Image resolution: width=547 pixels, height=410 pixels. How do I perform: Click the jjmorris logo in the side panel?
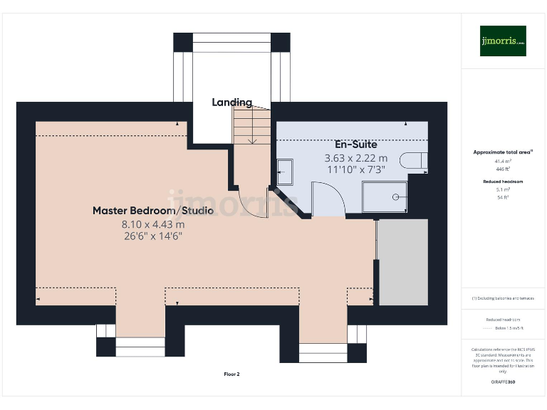pos(503,41)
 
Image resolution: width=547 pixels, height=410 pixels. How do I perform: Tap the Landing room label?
pos(231,102)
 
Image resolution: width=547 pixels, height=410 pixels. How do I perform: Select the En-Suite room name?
pos(355,144)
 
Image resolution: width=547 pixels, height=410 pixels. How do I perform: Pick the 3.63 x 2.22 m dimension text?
pos(355,158)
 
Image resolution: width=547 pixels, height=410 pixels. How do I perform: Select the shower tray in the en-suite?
pos(385,198)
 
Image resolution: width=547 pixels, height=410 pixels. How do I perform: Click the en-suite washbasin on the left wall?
pos(284,171)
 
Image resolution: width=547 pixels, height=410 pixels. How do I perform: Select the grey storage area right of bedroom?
pos(403,263)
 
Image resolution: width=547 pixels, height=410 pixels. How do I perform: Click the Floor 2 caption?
pos(231,374)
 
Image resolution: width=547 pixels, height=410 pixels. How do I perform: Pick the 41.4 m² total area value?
pos(503,162)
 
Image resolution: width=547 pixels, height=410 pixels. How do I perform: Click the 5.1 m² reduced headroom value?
pos(503,190)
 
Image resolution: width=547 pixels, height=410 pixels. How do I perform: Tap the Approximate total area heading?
pos(503,152)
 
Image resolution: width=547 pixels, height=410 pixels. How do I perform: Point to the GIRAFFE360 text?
pos(503,382)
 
